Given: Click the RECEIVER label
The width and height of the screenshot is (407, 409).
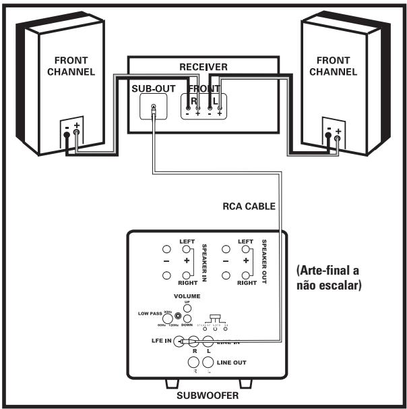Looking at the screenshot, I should (204, 67).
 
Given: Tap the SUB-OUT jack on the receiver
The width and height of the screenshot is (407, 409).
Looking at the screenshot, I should (155, 107).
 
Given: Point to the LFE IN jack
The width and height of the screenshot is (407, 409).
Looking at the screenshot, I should (179, 342).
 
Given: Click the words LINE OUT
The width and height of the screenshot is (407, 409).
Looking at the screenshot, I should (231, 362).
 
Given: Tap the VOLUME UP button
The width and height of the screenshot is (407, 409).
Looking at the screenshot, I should (187, 308).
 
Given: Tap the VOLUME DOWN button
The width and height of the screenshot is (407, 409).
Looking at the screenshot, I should (188, 319).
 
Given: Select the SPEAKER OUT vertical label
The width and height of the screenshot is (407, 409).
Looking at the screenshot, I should (265, 261).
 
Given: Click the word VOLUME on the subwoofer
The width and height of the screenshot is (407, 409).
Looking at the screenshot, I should (187, 296).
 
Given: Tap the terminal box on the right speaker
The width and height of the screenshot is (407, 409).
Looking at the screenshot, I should (332, 135).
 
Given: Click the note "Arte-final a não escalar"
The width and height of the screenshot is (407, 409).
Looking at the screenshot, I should (329, 277).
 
